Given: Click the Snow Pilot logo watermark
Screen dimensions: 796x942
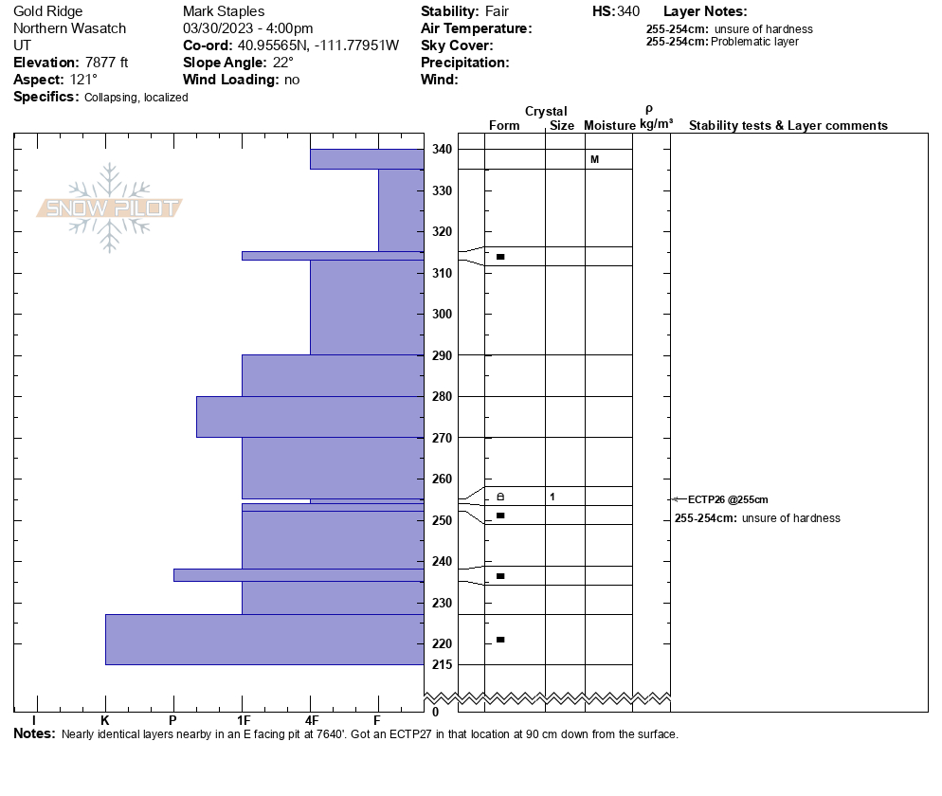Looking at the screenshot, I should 110,208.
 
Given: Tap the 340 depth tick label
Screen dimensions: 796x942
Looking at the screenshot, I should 442,150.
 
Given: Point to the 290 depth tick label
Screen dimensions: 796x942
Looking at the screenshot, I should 442,355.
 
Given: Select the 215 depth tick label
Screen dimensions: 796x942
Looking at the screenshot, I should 442,664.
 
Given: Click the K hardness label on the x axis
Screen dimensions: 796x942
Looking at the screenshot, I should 105,720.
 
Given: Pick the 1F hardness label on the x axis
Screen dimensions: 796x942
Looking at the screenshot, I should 243,720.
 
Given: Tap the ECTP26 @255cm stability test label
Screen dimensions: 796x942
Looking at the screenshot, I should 728,499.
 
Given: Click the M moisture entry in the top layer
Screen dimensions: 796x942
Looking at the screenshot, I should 594,159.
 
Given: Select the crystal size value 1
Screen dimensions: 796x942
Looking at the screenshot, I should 552,497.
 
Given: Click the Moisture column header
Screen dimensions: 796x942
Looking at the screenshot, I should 609,126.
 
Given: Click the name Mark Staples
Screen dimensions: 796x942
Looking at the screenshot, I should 224,11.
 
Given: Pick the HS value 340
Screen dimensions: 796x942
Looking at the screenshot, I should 627,11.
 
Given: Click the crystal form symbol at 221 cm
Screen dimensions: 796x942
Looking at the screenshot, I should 500,640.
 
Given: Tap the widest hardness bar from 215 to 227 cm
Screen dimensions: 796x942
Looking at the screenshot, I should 264,640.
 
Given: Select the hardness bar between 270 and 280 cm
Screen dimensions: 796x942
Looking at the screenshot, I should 310,417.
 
